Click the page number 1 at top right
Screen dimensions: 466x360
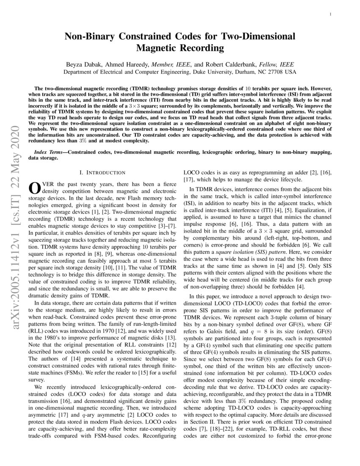click(330, 14)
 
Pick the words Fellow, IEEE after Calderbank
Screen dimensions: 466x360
click(277, 64)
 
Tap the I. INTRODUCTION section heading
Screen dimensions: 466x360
click(102, 172)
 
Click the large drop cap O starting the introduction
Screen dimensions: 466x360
click(33, 187)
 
